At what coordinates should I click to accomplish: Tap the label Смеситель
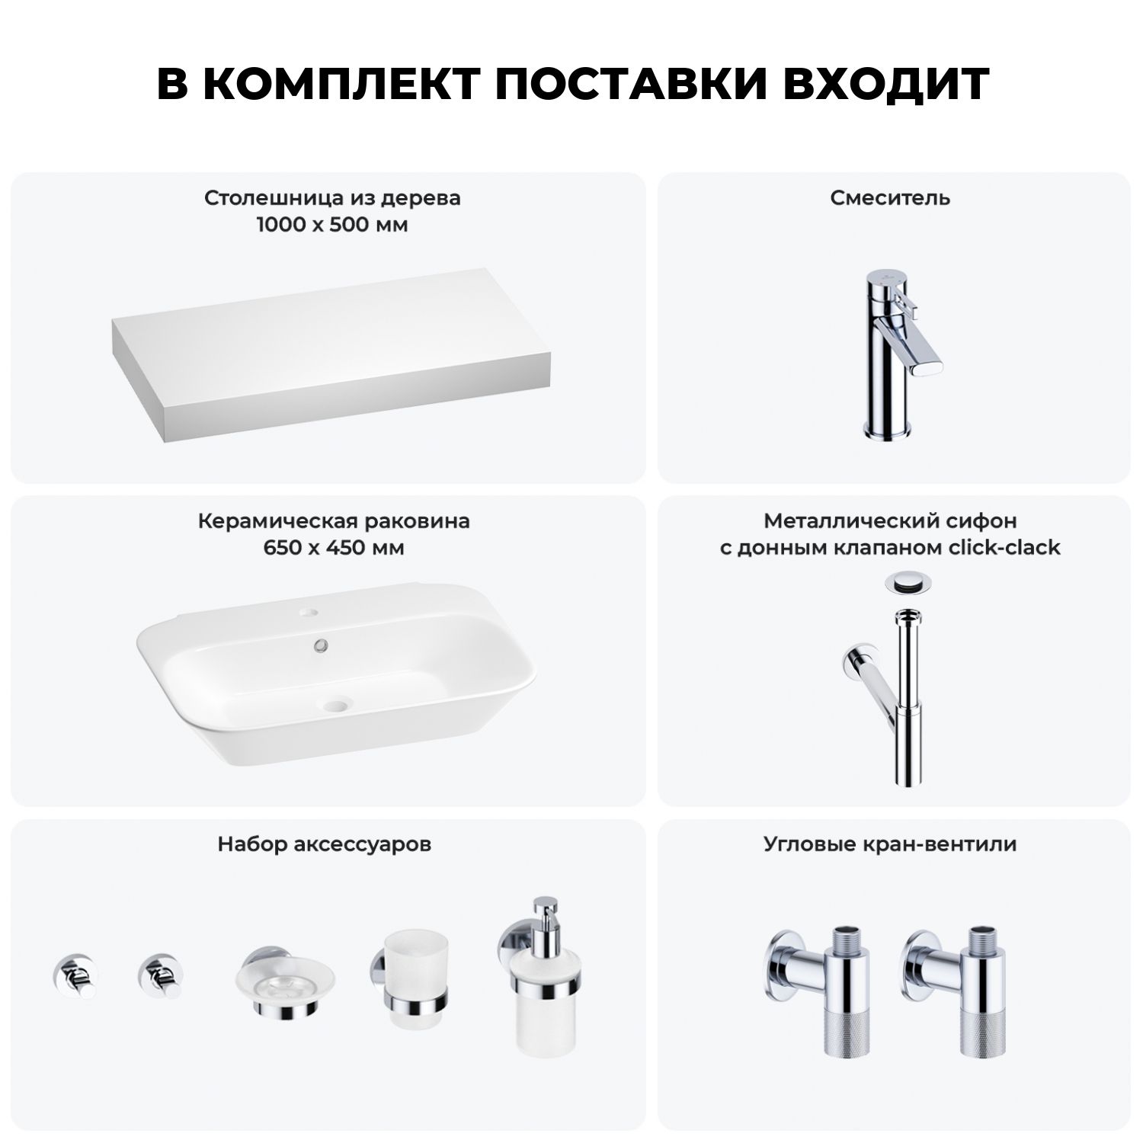point(890,198)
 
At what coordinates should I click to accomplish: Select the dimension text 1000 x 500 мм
point(332,226)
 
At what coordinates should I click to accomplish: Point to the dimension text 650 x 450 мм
point(334,548)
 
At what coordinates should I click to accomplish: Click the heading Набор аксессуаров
point(325,844)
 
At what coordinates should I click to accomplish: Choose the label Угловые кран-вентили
point(890,844)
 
